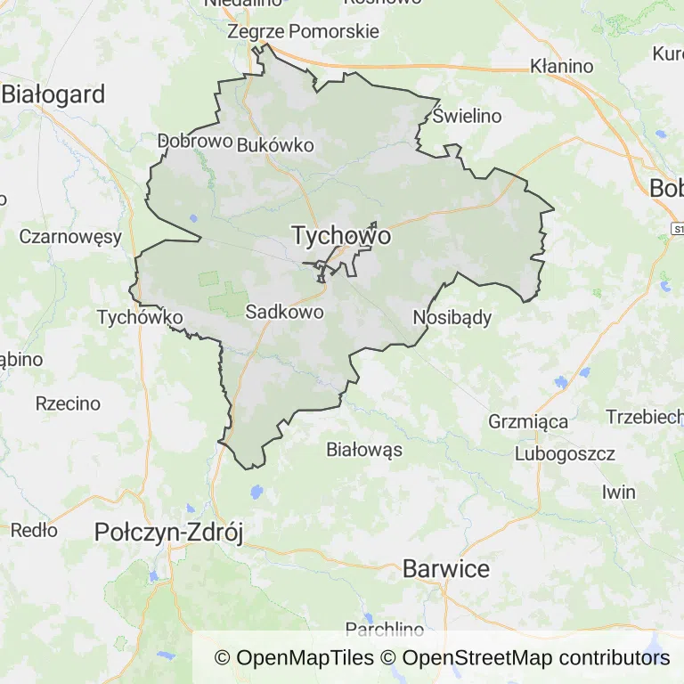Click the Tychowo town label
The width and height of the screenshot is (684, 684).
pos(341,236)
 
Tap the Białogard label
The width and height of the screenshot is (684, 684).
pos(53,94)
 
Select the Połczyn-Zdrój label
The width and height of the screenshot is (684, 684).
pos(169,533)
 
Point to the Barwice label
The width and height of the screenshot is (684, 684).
pos(446,568)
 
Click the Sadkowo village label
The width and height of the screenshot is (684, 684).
pos(284,312)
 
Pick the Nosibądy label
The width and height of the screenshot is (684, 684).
pos(452,317)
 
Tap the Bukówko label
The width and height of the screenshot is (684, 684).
pos(275,145)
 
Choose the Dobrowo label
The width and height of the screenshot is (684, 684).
pos(195,141)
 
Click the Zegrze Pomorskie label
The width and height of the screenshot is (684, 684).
pos(304,31)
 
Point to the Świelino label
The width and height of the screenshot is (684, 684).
pos(468,116)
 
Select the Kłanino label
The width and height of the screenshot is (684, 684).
pos(561,66)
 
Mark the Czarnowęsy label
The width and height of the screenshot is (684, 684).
pos(69,237)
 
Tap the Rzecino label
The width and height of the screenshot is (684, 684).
pos(68,403)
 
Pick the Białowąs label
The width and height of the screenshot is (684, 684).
pos(364,449)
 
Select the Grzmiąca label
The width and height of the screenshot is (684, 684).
pos(528,422)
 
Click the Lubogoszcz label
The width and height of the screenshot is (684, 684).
pos(565,454)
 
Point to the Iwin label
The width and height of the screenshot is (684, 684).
pos(618,492)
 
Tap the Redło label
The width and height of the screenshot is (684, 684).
pos(34,531)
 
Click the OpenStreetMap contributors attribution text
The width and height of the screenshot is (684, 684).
pos(536,658)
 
